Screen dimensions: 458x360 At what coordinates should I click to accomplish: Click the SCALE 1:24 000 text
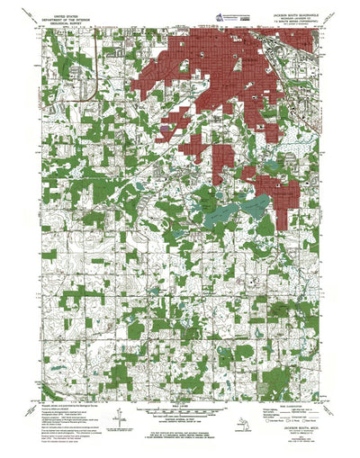tap(180, 412)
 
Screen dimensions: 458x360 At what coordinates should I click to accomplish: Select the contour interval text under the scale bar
tap(180, 427)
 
